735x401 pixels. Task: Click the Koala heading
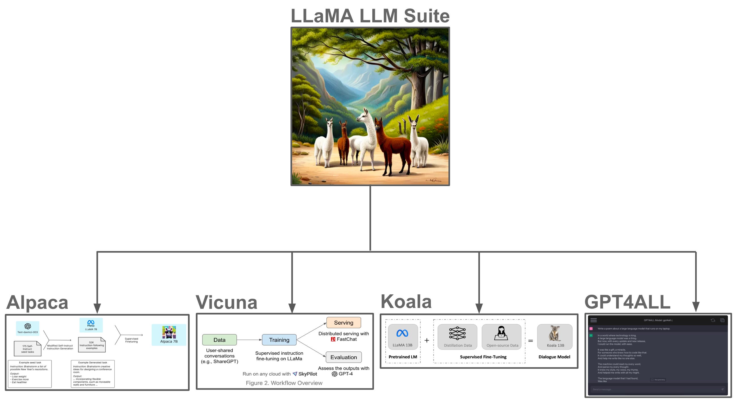click(x=406, y=301)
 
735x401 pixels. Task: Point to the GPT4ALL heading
click(x=627, y=302)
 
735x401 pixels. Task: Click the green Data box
click(x=219, y=340)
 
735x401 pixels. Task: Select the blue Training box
click(x=279, y=340)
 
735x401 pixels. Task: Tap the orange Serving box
click(x=343, y=323)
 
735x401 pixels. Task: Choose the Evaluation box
click(x=343, y=357)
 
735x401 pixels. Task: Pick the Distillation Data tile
click(x=457, y=337)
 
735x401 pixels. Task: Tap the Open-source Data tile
click(x=502, y=337)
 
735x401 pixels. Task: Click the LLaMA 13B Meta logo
click(x=402, y=333)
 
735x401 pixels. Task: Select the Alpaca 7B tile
click(x=169, y=335)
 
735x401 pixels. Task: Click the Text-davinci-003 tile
click(x=27, y=328)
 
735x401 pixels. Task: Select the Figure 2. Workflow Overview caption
click(x=284, y=383)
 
